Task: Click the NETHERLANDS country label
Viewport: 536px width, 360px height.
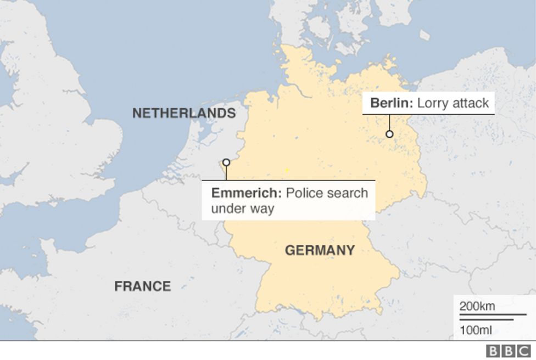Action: pyautogui.click(x=184, y=114)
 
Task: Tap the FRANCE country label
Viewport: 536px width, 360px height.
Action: pyautogui.click(x=142, y=286)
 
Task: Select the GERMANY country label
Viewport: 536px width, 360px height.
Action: pyautogui.click(x=320, y=251)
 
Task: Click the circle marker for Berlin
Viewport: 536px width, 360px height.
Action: pyautogui.click(x=389, y=134)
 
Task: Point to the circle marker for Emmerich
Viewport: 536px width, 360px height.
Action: pyautogui.click(x=226, y=162)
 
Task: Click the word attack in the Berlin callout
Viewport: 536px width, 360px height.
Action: pyautogui.click(x=471, y=103)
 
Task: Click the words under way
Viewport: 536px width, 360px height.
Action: pyautogui.click(x=242, y=209)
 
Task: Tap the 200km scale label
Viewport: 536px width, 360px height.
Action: pyautogui.click(x=477, y=306)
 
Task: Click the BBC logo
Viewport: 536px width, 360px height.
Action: pyautogui.click(x=509, y=351)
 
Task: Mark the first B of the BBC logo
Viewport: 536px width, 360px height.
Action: pyautogui.click(x=493, y=351)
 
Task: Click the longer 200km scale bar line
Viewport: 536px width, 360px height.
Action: pyautogui.click(x=493, y=316)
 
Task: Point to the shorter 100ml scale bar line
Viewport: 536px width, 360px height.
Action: pyautogui.click(x=487, y=319)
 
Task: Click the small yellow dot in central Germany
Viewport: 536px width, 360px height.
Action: pyautogui.click(x=286, y=170)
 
